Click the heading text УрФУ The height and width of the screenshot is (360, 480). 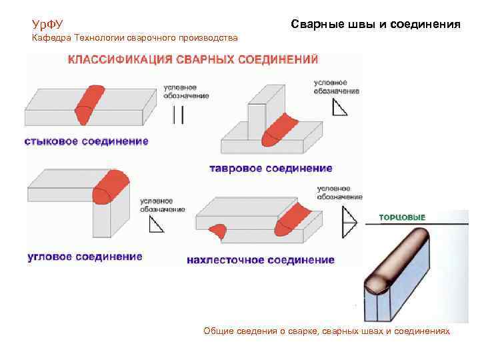(48, 25)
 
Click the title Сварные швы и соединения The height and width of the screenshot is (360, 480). (375, 25)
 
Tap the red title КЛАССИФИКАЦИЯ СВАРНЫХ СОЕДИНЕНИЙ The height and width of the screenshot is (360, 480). (193, 59)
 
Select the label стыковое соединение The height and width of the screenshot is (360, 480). (87, 141)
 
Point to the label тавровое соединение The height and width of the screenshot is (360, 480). (271, 169)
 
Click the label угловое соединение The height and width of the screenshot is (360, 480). (84, 257)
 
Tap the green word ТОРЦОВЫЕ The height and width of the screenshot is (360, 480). (402, 217)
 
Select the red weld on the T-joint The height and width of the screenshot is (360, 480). (280, 129)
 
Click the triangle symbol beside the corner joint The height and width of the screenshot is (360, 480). (156, 225)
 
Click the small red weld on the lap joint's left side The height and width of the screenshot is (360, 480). (219, 231)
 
